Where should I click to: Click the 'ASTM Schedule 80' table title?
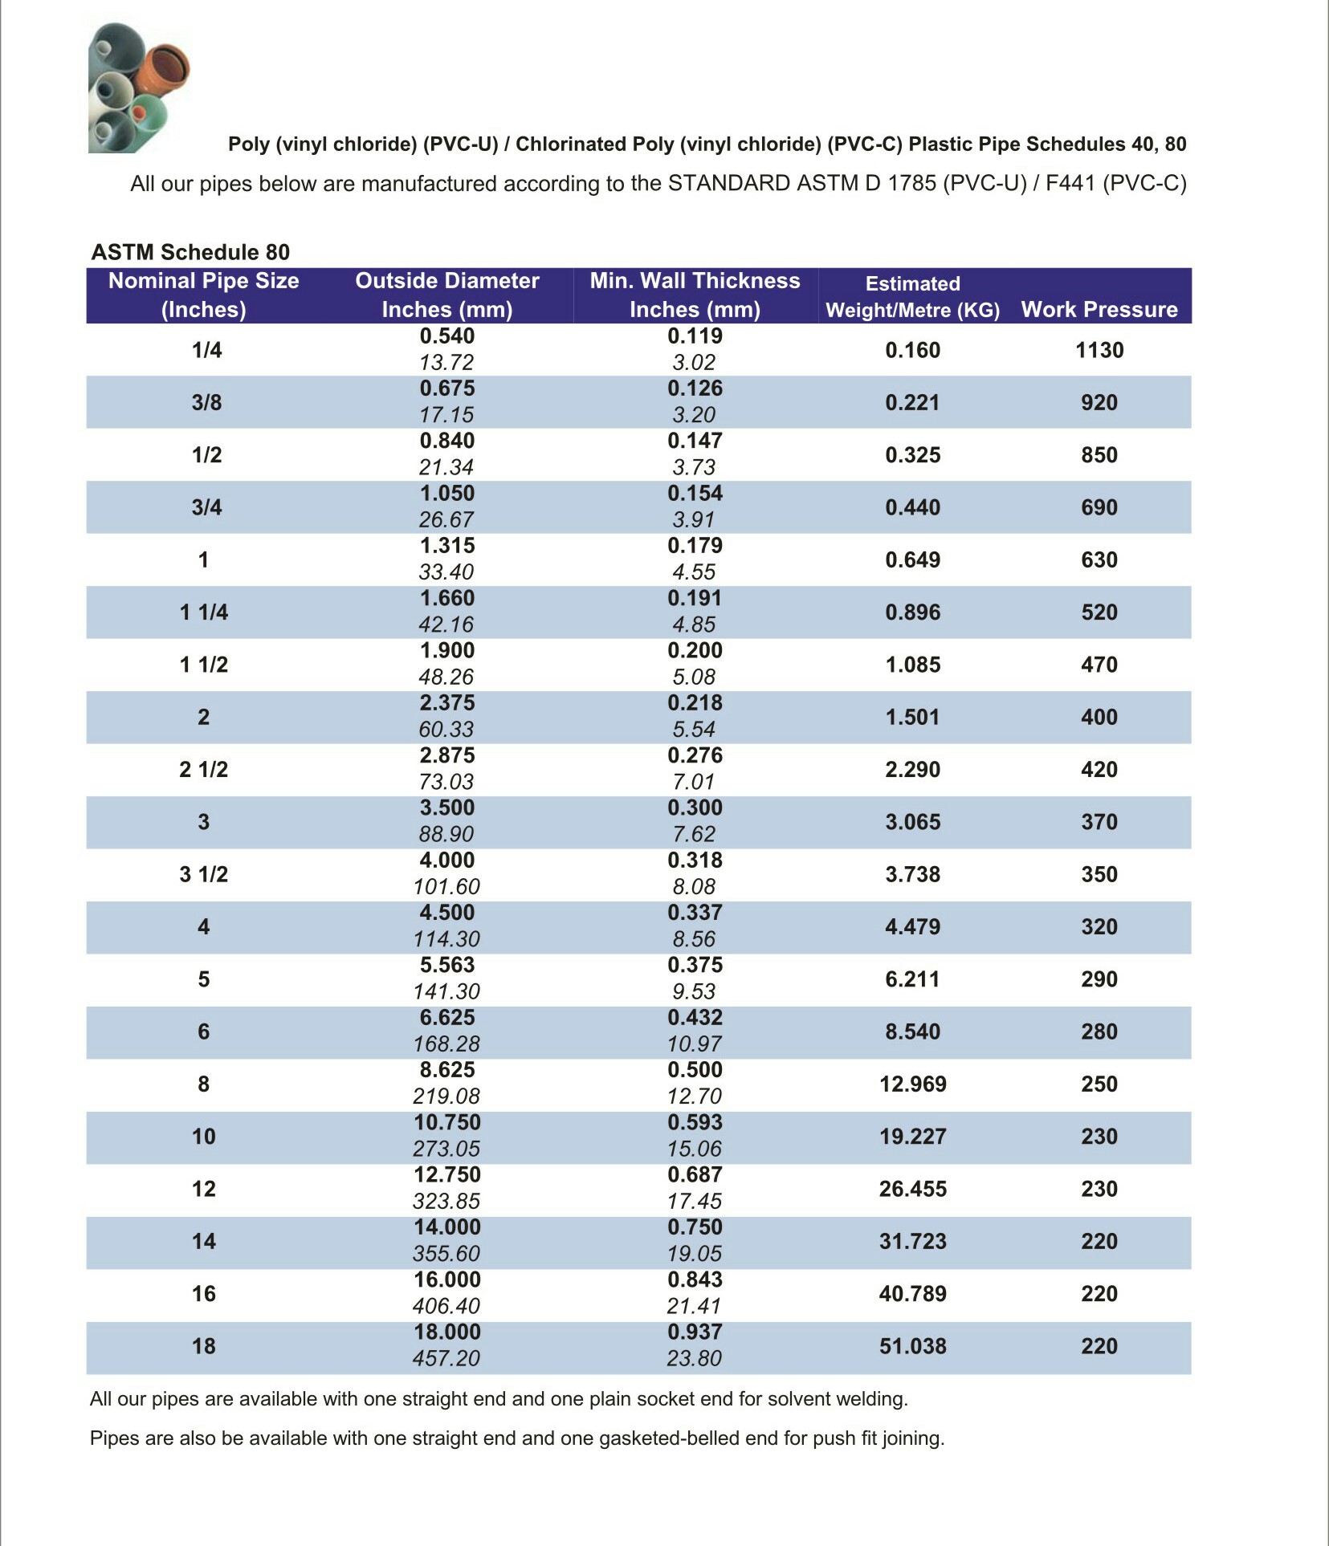point(190,252)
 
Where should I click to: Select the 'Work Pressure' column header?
point(1099,309)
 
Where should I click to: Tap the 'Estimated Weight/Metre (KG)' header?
point(912,296)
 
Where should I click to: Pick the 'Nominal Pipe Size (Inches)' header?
point(204,295)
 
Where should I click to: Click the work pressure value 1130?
point(1099,350)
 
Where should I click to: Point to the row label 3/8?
point(206,402)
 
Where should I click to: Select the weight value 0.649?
point(912,559)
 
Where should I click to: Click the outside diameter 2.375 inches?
point(447,703)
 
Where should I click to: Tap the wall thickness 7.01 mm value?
point(695,782)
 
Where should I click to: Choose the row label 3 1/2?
point(204,874)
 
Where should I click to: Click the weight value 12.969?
point(912,1084)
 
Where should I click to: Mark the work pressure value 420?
point(1099,770)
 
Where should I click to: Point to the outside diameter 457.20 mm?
point(446,1358)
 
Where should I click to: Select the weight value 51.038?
point(912,1346)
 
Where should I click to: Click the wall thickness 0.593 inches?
point(695,1122)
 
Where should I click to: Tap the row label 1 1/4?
point(204,612)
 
